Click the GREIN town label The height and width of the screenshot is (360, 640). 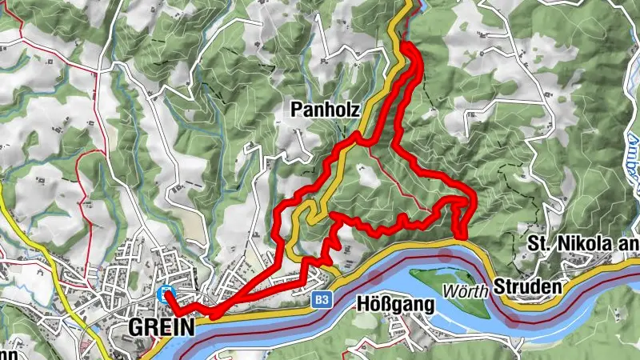click(161, 327)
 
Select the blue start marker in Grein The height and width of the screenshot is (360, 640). click(166, 294)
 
